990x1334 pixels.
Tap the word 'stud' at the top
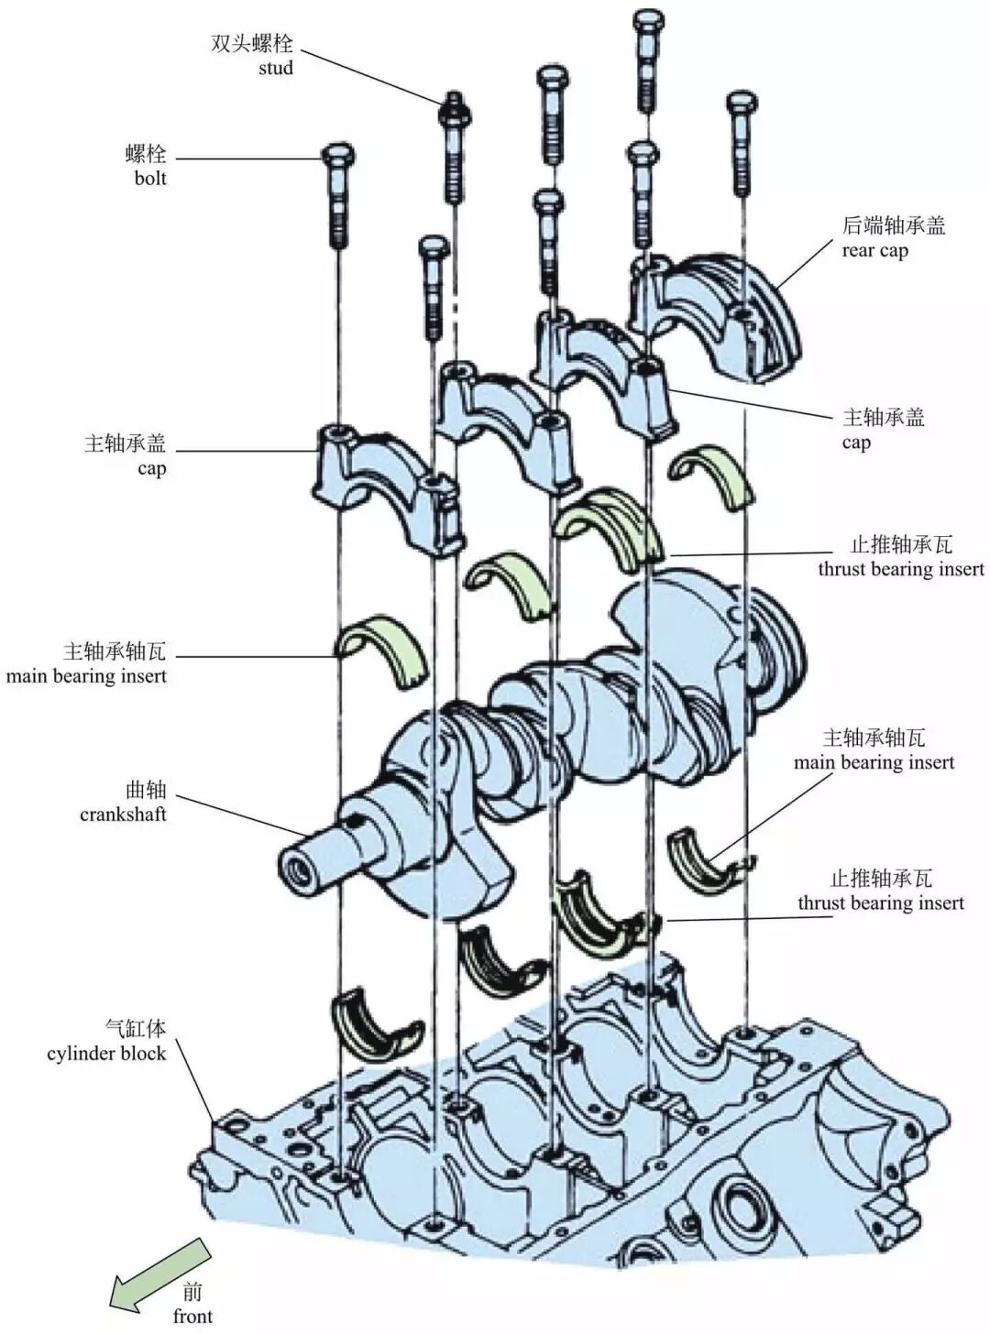coord(275,68)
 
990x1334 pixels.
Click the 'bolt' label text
coord(150,179)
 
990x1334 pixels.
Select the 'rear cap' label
coord(874,251)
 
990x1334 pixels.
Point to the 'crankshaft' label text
coord(123,815)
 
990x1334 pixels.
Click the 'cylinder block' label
coord(106,1054)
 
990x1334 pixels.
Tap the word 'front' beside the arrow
coord(192,1317)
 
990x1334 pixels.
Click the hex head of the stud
coord(454,109)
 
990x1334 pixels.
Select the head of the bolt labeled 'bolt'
coord(338,156)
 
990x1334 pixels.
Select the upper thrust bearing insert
coord(610,522)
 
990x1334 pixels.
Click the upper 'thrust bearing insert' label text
coord(900,569)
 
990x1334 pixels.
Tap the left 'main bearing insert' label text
coord(86,677)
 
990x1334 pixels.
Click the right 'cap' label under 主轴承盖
coord(855,443)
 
